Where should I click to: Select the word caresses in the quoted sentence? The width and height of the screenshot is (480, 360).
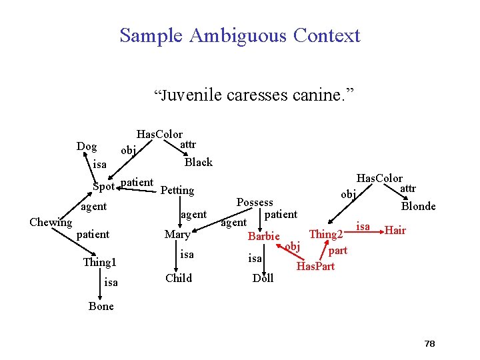tap(257, 95)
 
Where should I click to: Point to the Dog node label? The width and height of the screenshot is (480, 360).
tap(87, 147)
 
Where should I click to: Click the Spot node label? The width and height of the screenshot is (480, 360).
tap(103, 185)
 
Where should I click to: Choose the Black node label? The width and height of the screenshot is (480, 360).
tap(198, 162)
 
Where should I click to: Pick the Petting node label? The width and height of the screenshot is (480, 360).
tap(177, 191)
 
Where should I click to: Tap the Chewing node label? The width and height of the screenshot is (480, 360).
tap(51, 222)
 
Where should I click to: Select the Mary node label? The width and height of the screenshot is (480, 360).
tap(177, 235)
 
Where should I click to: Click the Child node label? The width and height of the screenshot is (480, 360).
tap(178, 278)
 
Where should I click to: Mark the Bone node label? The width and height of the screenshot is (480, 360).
tap(101, 307)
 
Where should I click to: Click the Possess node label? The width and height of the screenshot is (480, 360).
tap(255, 202)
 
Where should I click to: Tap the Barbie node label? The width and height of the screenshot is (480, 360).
tap(263, 237)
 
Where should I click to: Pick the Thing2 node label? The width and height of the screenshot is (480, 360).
tap(326, 234)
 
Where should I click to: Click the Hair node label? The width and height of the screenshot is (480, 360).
tap(395, 231)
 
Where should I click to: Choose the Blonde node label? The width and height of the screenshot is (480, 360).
tap(418, 207)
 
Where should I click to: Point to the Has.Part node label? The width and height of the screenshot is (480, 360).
tap(315, 267)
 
